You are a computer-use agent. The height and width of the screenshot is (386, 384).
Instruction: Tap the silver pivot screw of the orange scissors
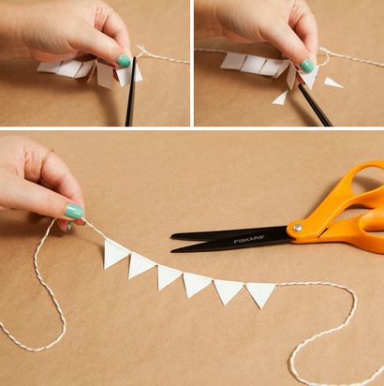[297, 228]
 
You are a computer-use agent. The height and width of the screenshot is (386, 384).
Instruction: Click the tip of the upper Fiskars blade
[172, 236]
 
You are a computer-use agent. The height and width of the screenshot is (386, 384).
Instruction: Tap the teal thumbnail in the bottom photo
[74, 211]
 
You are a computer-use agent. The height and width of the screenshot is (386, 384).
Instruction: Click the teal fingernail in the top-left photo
[123, 60]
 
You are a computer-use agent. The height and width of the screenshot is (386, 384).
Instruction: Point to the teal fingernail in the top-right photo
[307, 66]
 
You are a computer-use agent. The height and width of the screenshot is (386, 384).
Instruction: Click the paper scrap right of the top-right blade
[332, 82]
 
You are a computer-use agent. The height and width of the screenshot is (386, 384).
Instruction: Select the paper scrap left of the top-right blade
[281, 98]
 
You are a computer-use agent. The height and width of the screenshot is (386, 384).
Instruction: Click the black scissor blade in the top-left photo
[130, 91]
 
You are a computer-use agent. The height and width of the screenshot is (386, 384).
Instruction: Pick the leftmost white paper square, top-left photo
[50, 67]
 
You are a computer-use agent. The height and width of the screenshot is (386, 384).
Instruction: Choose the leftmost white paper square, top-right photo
[232, 62]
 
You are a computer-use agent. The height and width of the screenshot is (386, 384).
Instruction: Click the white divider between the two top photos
[192, 63]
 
